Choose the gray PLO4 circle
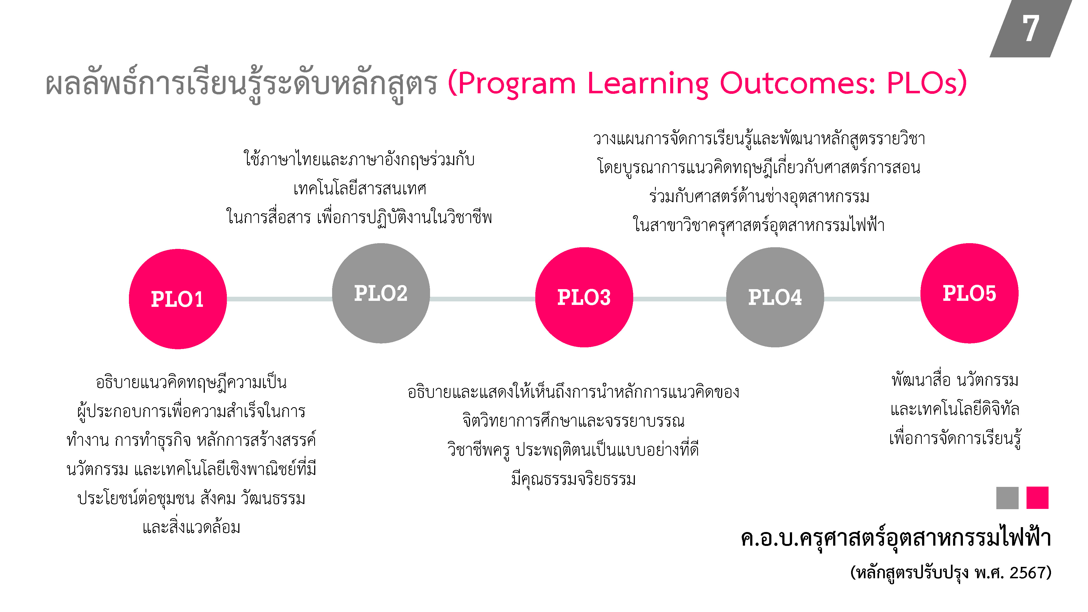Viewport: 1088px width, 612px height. pyautogui.click(x=775, y=297)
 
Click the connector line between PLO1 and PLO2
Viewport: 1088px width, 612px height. pyautogui.click(x=279, y=299)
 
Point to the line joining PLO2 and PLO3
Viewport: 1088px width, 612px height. pyautogui.click(x=482, y=299)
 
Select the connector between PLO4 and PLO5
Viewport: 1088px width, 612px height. pyautogui.click(x=872, y=299)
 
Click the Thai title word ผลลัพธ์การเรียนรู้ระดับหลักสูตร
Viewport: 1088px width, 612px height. pyautogui.click(x=241, y=85)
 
